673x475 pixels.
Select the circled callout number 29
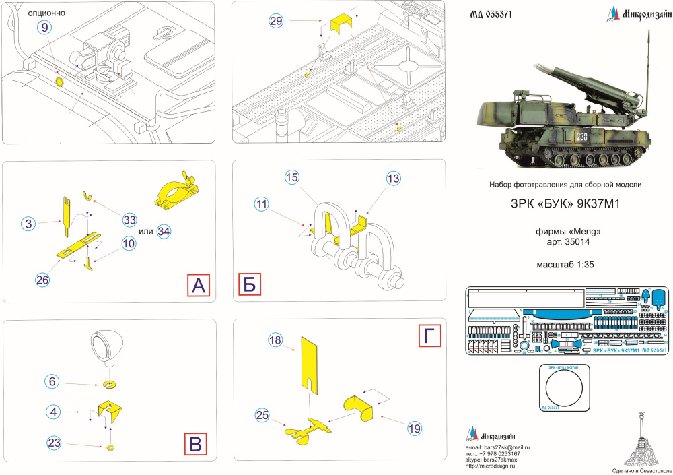point(276,21)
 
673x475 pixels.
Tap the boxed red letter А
point(198,286)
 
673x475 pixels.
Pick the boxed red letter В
point(195,443)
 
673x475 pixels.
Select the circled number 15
point(291,178)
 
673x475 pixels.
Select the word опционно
point(44,12)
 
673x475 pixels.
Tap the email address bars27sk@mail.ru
point(498,447)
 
